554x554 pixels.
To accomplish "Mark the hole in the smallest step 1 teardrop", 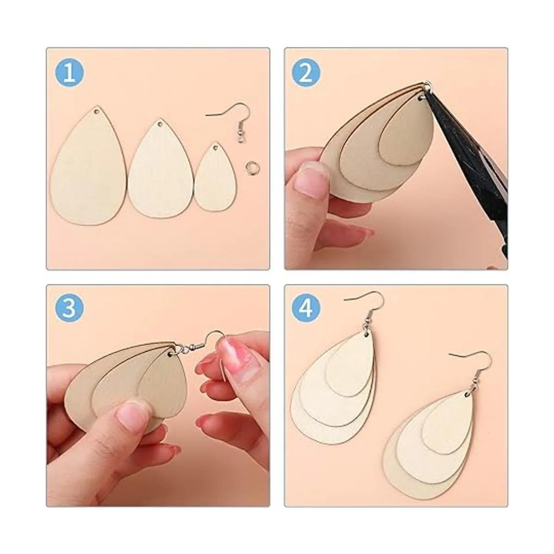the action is [x=215, y=148].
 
